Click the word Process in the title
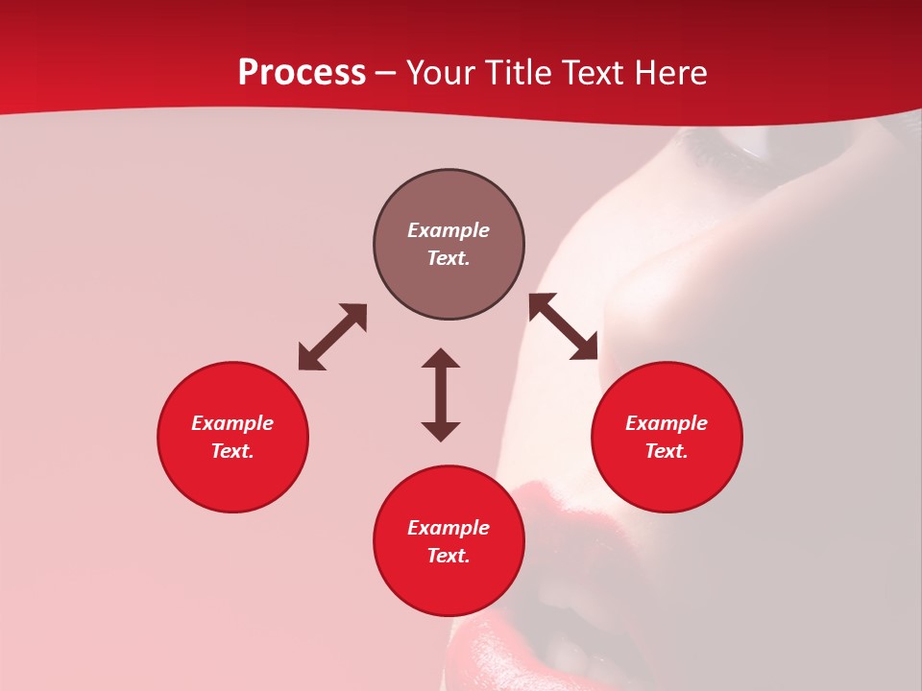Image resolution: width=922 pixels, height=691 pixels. coord(302,73)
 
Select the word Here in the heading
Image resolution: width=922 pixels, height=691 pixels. coord(669,73)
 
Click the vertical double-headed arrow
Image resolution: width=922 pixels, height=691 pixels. coord(441,394)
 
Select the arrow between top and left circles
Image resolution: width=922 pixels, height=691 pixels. coord(332,337)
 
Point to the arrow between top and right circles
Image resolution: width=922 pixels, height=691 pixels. coord(563,327)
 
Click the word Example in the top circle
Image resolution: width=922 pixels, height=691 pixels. coord(449,230)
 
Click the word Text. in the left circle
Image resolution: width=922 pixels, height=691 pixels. coord(232,451)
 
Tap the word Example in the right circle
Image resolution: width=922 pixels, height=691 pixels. coord(667,423)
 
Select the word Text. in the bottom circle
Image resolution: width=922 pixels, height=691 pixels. coord(449,556)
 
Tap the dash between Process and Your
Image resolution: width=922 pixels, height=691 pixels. coord(385,74)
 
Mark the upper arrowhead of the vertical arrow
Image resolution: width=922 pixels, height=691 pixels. coord(441,359)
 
